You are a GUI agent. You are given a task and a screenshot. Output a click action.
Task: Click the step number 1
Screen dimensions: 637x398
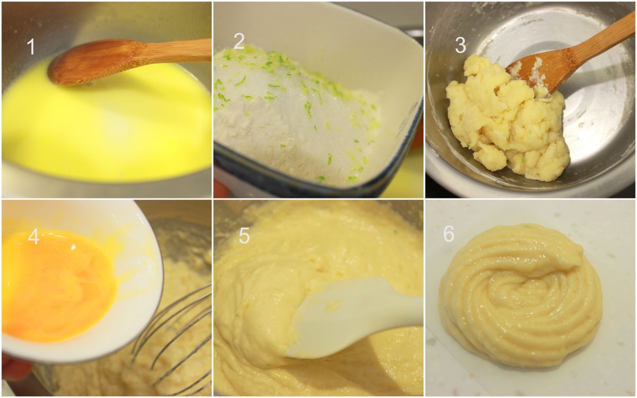click(x=31, y=47)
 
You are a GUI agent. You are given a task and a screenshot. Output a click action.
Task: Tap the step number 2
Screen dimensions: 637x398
click(x=239, y=41)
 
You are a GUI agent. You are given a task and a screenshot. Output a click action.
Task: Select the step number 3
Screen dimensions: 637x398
click(x=460, y=46)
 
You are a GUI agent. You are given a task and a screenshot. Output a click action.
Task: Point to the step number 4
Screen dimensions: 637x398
click(x=33, y=237)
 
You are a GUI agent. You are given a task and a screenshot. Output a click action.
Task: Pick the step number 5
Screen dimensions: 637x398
click(x=244, y=236)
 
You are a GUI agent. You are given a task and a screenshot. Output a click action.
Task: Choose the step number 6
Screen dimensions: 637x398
click(x=449, y=234)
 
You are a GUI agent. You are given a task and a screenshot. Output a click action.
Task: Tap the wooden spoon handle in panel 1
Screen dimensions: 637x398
click(x=176, y=50)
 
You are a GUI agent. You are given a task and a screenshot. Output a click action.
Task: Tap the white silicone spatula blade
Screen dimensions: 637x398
click(x=350, y=316)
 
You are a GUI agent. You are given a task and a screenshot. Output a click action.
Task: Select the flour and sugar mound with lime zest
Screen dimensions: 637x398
click(x=296, y=114)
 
